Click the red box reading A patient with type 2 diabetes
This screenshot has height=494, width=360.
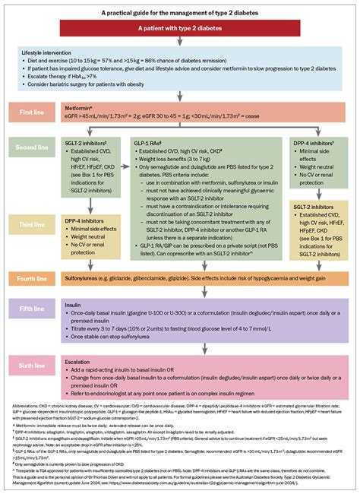click(x=179, y=28)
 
